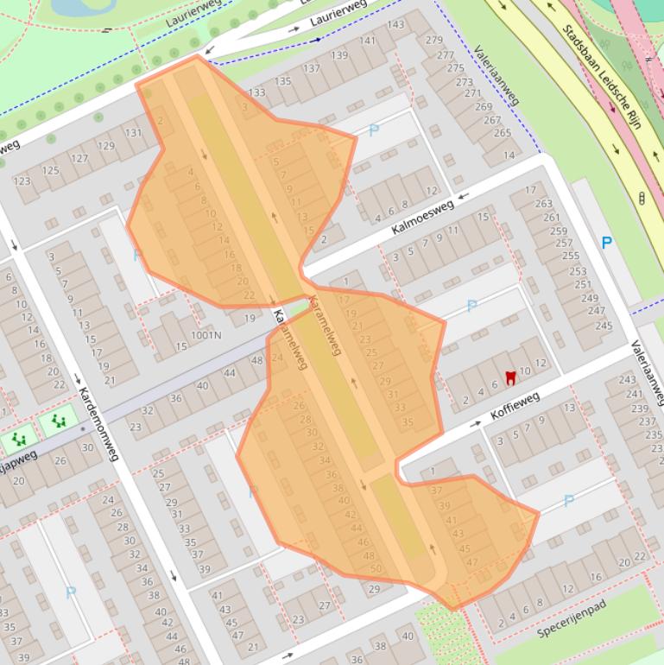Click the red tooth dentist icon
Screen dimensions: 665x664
coord(509,377)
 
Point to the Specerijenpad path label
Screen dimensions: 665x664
coord(571,617)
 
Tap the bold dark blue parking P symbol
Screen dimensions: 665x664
coord(607,243)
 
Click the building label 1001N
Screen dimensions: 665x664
coord(206,334)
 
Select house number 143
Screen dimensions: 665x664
coord(395,24)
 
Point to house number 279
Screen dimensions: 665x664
coord(434,40)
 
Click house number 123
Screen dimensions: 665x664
coord(22,181)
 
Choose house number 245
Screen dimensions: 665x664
coord(604,326)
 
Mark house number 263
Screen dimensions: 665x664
coord(543,204)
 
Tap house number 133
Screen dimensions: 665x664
coord(256,92)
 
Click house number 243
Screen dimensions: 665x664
coord(627,380)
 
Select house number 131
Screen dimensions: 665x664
coord(133,133)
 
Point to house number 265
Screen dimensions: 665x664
coord(503,133)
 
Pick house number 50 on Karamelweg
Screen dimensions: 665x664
coord(376,568)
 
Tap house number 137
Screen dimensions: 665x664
coord(311,68)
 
